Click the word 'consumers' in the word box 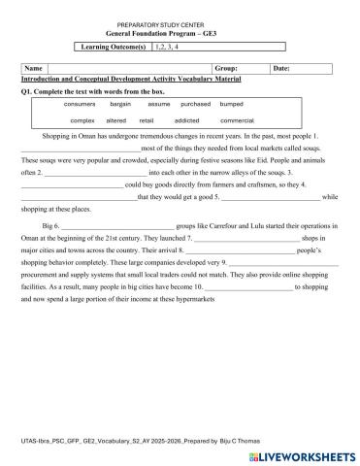click(x=81, y=103)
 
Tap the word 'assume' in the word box click(x=159, y=103)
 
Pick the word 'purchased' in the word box click(x=197, y=103)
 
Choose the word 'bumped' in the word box click(x=232, y=103)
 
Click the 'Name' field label click(x=33, y=69)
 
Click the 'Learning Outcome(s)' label click(x=113, y=46)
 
